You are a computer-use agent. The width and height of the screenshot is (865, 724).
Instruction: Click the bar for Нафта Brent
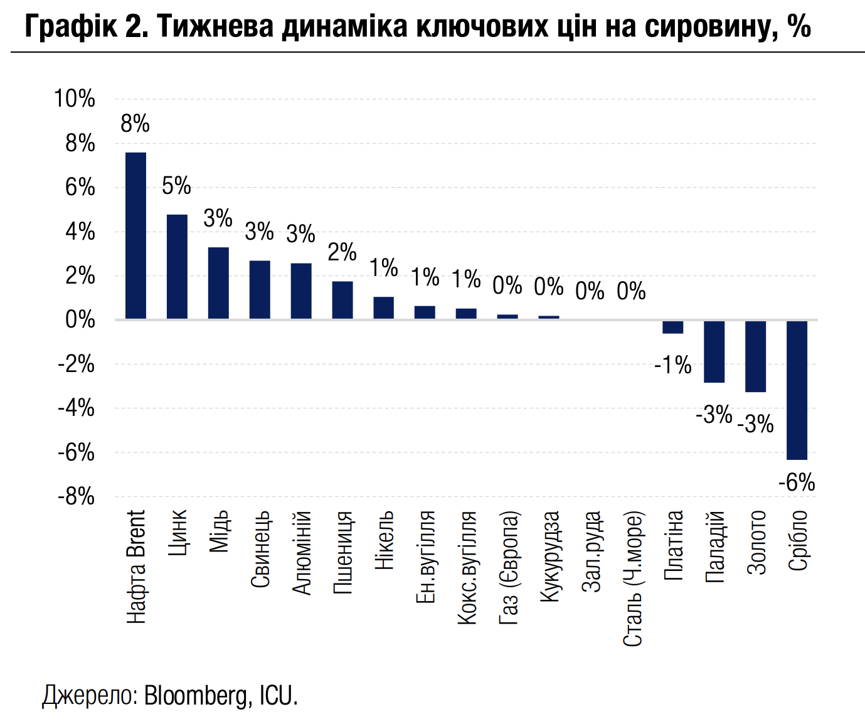pos(135,236)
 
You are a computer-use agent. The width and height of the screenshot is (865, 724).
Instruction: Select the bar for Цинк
pos(177,267)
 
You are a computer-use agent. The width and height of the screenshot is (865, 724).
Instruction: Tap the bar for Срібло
pos(797,390)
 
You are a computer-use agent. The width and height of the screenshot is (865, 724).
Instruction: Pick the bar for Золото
pos(755,356)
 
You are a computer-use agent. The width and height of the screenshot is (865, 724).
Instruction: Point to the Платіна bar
pos(672,327)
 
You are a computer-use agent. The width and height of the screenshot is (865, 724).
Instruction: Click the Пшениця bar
pos(342,300)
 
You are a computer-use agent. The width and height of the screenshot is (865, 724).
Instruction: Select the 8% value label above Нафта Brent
pos(135,124)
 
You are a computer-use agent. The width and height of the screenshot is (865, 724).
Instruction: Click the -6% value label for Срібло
pos(797,483)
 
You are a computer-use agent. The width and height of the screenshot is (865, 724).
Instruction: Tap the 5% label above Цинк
pos(176,186)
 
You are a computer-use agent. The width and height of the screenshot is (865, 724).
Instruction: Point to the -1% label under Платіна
pos(672,365)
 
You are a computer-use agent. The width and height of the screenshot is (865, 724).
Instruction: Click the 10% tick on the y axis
pos(74,99)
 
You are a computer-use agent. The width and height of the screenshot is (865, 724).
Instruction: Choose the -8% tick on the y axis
pos(76,497)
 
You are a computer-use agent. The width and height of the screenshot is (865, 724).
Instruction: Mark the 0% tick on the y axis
pos(80,320)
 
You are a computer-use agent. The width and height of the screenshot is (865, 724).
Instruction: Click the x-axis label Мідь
pos(219,532)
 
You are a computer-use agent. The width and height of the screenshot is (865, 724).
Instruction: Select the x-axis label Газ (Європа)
pos(509,568)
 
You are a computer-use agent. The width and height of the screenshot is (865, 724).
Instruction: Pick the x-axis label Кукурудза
pos(549,556)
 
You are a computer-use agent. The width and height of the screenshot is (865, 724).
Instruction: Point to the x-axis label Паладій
pos(715,546)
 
